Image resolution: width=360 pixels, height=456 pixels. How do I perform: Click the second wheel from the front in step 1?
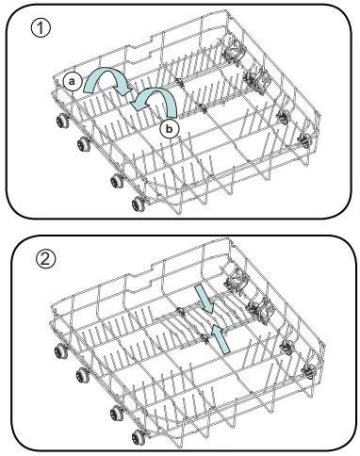[115, 179]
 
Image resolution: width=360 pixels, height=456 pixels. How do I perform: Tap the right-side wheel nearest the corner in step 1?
[305, 138]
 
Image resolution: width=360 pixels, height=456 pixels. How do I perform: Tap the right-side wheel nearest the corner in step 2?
[308, 370]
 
